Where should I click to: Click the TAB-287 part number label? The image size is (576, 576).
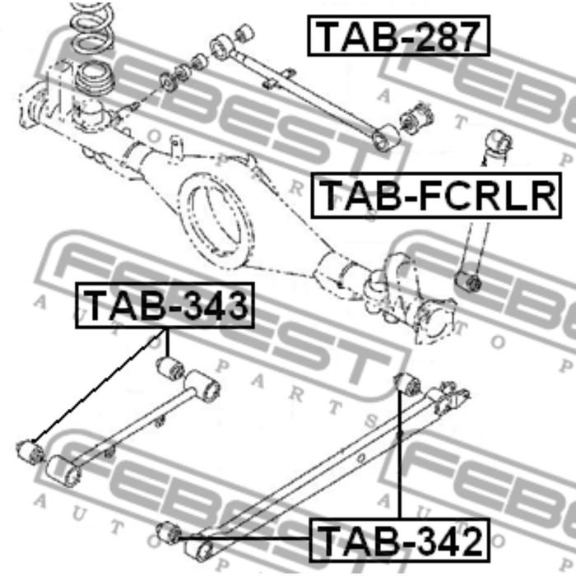(x=398, y=35)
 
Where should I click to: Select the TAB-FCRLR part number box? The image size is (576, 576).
(x=436, y=196)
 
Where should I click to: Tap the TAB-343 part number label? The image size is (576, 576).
(x=165, y=305)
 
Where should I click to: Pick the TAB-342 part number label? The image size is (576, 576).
(x=400, y=540)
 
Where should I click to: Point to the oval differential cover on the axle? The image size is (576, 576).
(x=216, y=220)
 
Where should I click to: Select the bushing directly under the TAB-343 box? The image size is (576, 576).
(x=170, y=367)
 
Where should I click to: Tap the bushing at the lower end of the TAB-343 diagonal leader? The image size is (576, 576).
(x=30, y=453)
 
